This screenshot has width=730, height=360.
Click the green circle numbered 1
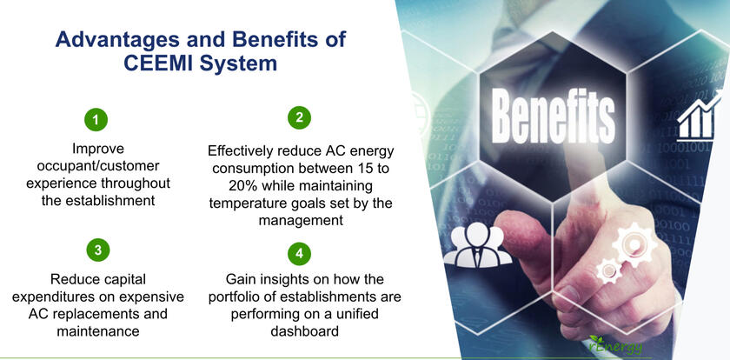pyautogui.click(x=96, y=120)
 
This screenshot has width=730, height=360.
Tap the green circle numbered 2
pyautogui.click(x=299, y=117)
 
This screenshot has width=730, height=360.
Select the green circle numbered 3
pyautogui.click(x=98, y=250)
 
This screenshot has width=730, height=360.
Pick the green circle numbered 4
pyautogui.click(x=299, y=253)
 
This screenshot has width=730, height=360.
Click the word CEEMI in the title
pyautogui.click(x=158, y=63)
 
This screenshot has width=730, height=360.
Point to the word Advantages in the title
pyautogui.click(x=117, y=39)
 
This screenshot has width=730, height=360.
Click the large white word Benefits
pyautogui.click(x=553, y=115)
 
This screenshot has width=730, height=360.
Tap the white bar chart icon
pyautogui.click(x=697, y=116)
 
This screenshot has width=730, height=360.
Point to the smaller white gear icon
pyautogui.click(x=608, y=270)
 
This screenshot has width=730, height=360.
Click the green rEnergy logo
pyautogui.click(x=615, y=345)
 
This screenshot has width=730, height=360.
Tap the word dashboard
pyautogui.click(x=304, y=331)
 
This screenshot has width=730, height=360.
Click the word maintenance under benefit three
pyautogui.click(x=97, y=330)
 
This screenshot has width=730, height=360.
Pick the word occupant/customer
pyautogui.click(x=97, y=166)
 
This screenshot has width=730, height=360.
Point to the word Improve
pyautogui.click(x=98, y=149)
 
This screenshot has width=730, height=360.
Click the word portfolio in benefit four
pyautogui.click(x=233, y=297)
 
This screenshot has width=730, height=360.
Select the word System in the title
pyautogui.click(x=238, y=63)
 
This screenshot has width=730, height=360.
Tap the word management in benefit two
pyautogui.click(x=301, y=220)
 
